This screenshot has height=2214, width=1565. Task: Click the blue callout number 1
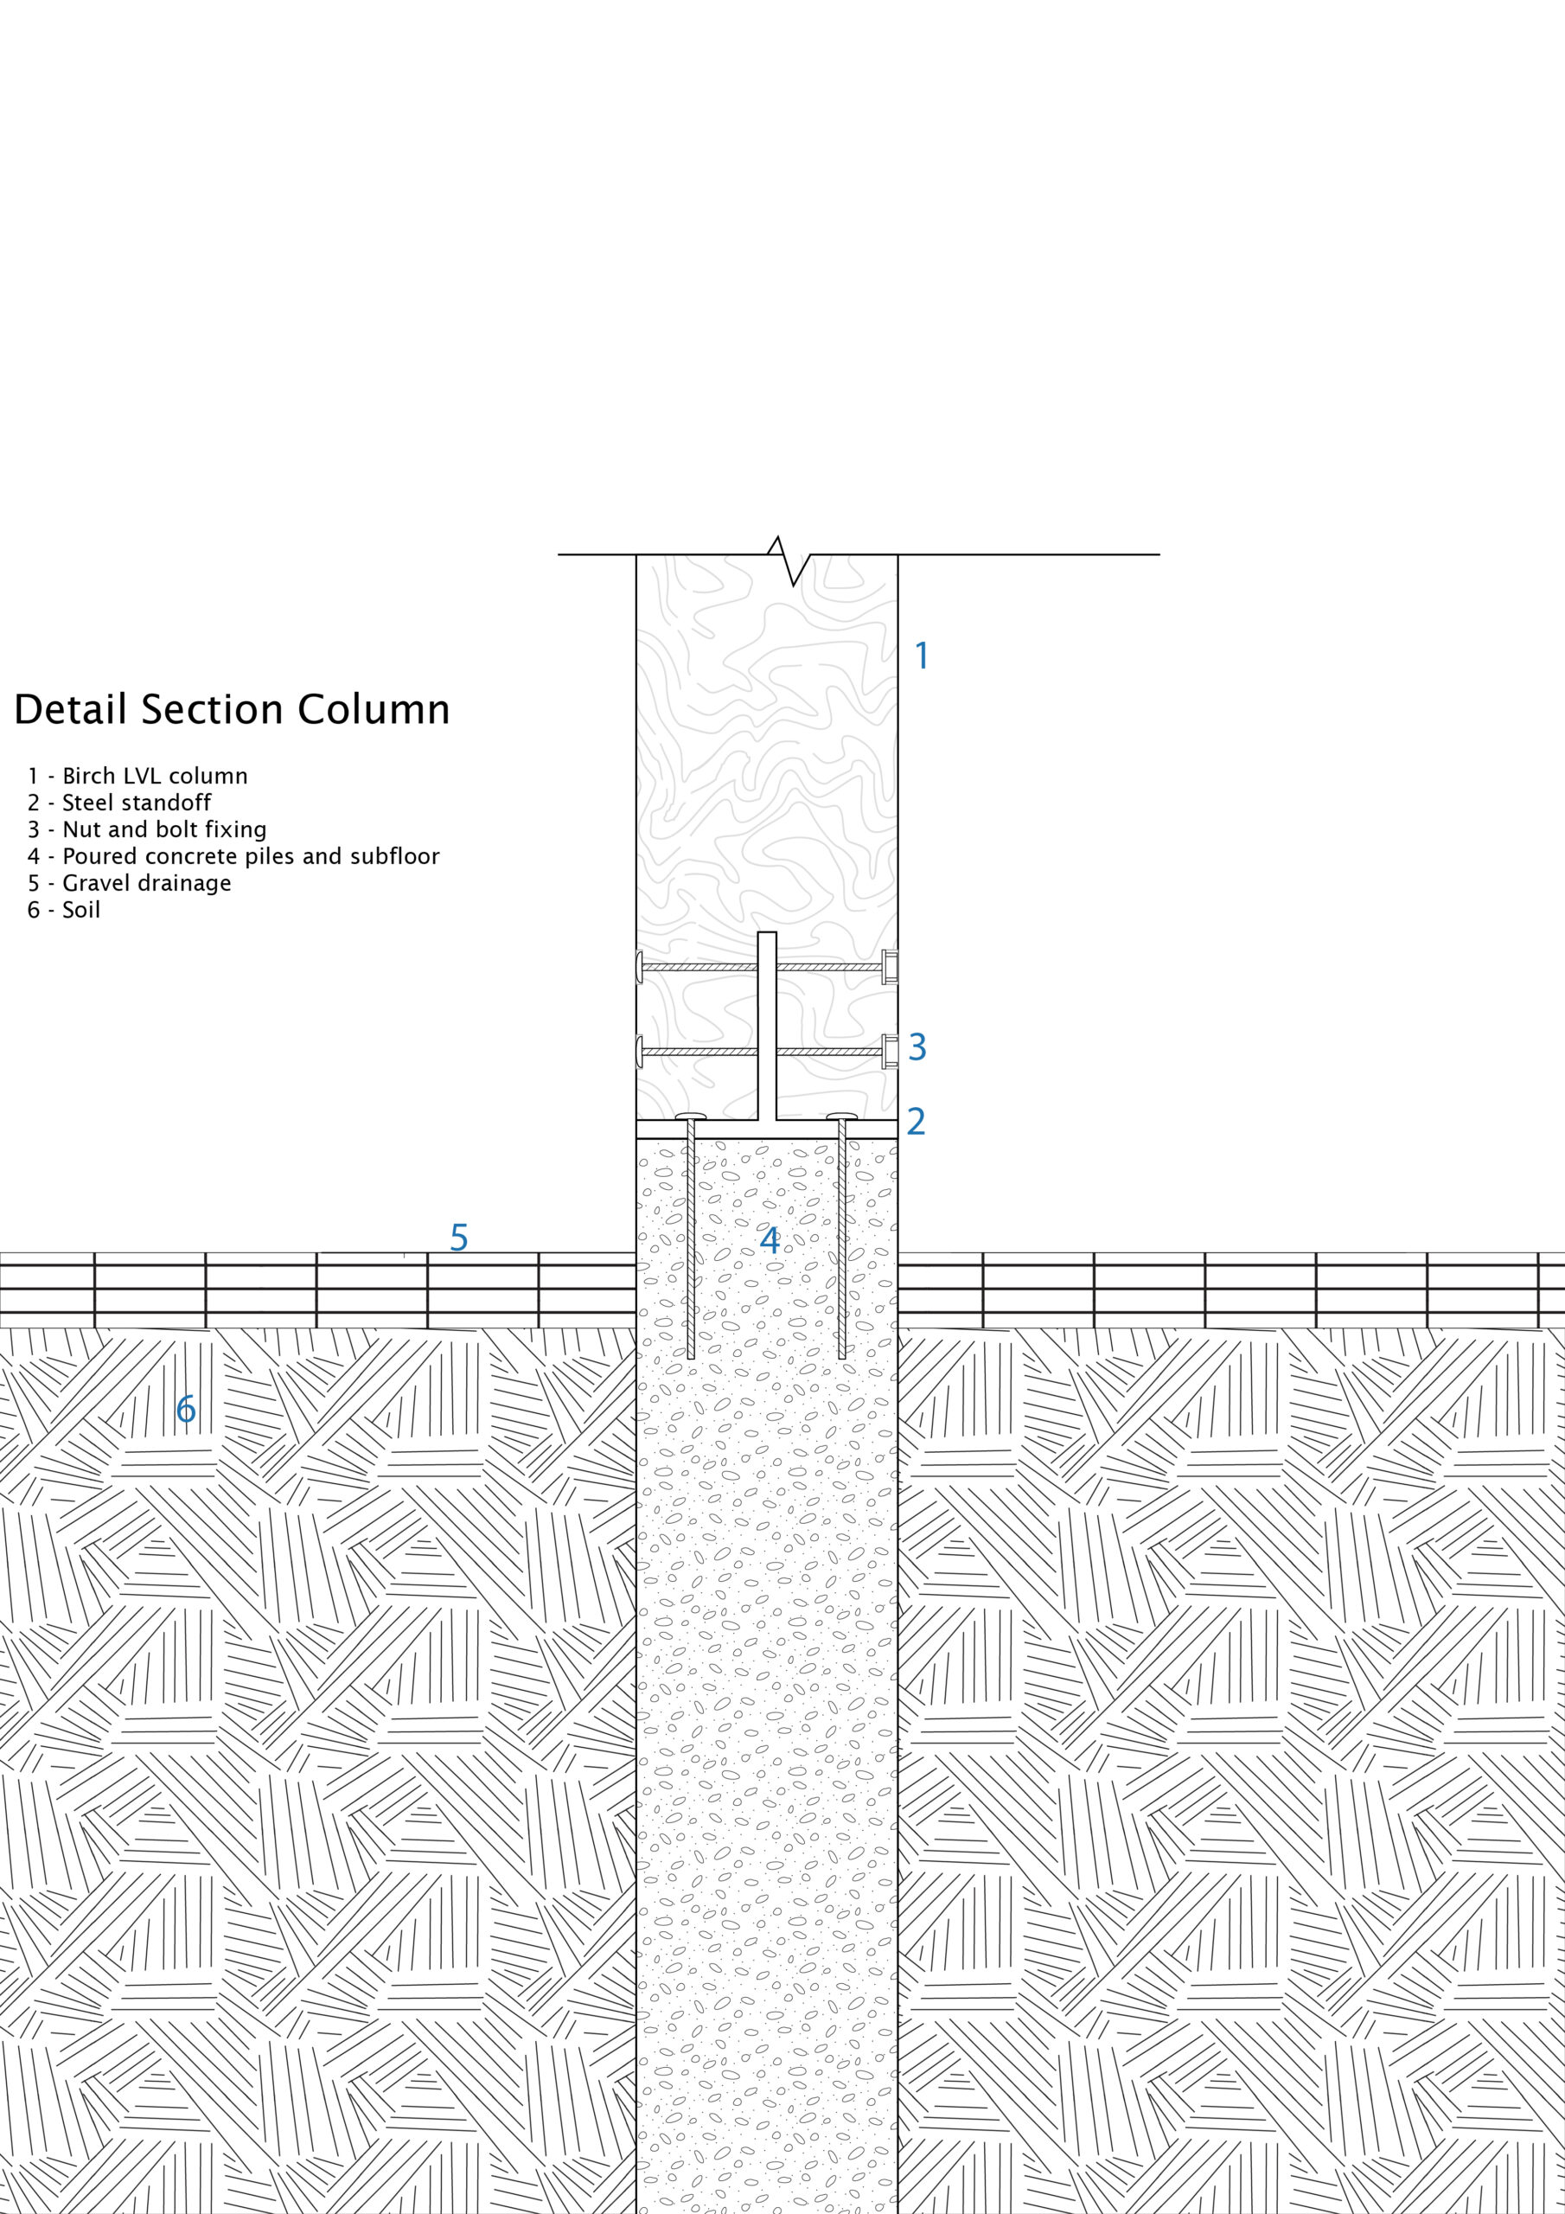922,656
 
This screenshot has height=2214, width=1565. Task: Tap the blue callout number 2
915,1122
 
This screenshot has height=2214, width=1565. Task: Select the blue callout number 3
917,1046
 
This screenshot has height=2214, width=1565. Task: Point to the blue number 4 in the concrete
769,1241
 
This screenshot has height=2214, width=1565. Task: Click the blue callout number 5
459,1238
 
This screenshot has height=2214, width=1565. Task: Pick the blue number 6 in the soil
186,1410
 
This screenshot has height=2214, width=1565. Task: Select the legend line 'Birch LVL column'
137,777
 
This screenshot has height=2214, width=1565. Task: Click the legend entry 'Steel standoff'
119,803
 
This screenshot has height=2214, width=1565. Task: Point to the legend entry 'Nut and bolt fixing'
148,830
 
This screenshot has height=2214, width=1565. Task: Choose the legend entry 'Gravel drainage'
129,883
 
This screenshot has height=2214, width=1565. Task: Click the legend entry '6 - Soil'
65,911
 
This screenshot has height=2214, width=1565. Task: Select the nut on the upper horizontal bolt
890,966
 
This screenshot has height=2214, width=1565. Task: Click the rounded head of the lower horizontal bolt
639,1050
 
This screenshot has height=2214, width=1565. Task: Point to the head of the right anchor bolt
842,1117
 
